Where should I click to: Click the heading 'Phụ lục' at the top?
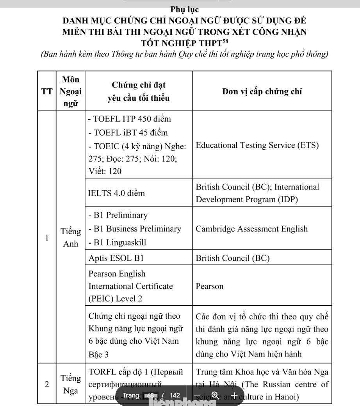(184, 9)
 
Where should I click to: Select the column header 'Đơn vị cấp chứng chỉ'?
(262, 92)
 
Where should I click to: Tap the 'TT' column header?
(47, 92)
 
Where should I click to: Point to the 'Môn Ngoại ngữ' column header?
(71, 92)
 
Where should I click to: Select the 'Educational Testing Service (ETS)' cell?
(257, 145)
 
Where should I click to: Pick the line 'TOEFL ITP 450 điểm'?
(129, 119)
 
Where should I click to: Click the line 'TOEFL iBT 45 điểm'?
(128, 132)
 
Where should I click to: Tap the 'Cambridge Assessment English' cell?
(251, 229)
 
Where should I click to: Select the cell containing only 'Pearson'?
(210, 286)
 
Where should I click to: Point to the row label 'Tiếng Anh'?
(71, 237)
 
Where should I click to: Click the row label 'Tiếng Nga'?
(71, 384)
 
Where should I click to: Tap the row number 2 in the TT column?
(47, 384)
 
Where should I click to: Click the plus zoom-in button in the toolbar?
(234, 396)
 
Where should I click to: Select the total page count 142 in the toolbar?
(175, 396)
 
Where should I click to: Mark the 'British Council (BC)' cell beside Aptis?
(233, 258)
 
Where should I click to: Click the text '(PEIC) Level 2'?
(116, 299)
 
